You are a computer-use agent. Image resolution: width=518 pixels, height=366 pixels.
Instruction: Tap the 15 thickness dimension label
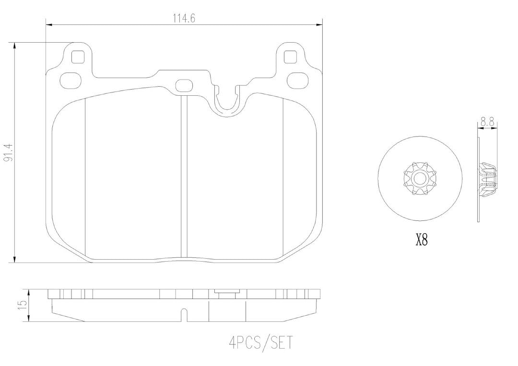(x=23, y=305)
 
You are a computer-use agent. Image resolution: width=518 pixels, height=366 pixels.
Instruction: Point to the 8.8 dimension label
(x=487, y=123)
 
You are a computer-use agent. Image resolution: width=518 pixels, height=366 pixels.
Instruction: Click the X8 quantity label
(x=421, y=240)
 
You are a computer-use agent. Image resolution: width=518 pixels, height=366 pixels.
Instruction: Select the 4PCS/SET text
(x=260, y=343)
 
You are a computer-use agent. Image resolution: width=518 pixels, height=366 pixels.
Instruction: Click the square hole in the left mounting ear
(x=78, y=57)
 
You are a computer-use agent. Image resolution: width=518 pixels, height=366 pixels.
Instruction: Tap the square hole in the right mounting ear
(x=290, y=57)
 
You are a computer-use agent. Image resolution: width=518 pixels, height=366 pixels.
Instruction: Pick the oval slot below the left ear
(x=71, y=80)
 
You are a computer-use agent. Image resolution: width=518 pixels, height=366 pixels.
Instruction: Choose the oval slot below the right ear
(x=297, y=80)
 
